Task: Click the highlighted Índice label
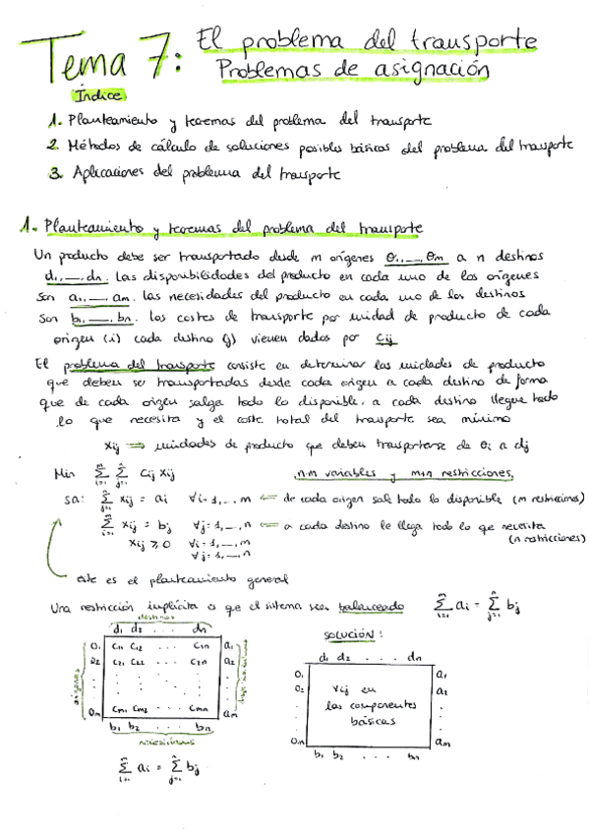[x=97, y=96]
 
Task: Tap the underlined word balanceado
[x=369, y=607]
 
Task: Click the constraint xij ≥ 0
[x=151, y=542]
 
